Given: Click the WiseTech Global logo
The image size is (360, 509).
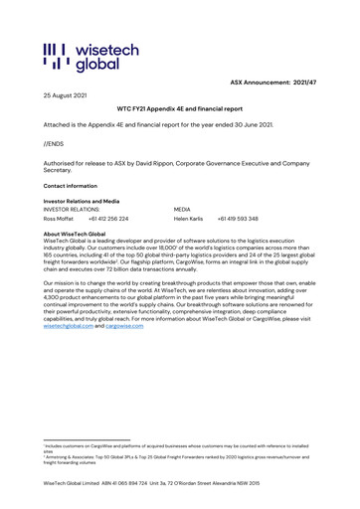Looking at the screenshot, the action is [x=81, y=59].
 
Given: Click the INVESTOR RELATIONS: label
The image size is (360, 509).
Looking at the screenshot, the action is [x=73, y=210].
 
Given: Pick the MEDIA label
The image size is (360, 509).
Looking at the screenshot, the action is [x=182, y=210].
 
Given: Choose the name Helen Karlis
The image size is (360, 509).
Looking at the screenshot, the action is [x=189, y=218].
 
